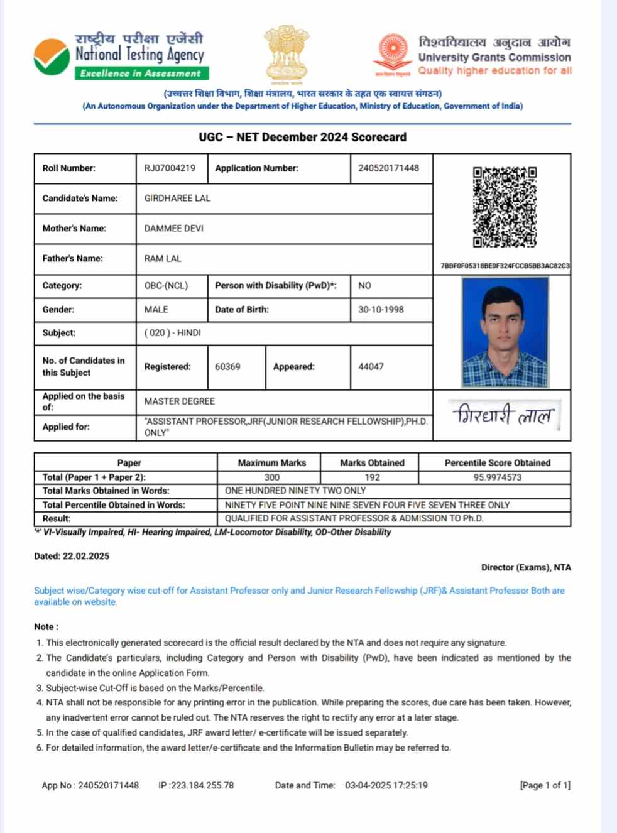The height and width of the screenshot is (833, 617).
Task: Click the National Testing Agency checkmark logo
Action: point(52,57)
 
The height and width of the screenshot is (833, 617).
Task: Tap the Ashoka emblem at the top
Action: point(287,53)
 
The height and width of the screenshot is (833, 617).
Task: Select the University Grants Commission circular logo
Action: point(393,52)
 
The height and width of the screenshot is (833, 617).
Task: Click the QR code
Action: point(505,207)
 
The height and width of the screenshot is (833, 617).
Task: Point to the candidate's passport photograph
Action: point(505,332)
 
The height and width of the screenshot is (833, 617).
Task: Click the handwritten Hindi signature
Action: point(503,415)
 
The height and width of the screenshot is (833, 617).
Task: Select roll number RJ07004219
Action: point(170,168)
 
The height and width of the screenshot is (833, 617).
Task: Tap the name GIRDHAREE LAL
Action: point(177,199)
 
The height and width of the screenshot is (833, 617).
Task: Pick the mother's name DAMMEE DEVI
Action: point(174,229)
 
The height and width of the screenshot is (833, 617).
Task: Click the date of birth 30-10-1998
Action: point(381,310)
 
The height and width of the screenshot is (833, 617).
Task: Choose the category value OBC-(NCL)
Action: point(166,286)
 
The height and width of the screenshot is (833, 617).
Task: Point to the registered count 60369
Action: point(227,367)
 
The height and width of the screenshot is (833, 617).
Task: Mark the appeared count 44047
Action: point(371,367)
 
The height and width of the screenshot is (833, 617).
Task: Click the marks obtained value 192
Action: point(372,477)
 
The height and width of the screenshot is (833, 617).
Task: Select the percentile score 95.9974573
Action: point(497,477)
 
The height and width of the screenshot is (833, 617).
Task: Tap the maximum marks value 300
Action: point(271,477)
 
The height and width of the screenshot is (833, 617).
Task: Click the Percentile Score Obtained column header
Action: point(497,463)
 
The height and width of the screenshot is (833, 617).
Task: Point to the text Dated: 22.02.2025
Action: point(72,556)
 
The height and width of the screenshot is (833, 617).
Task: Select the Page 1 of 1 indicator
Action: point(545,785)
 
